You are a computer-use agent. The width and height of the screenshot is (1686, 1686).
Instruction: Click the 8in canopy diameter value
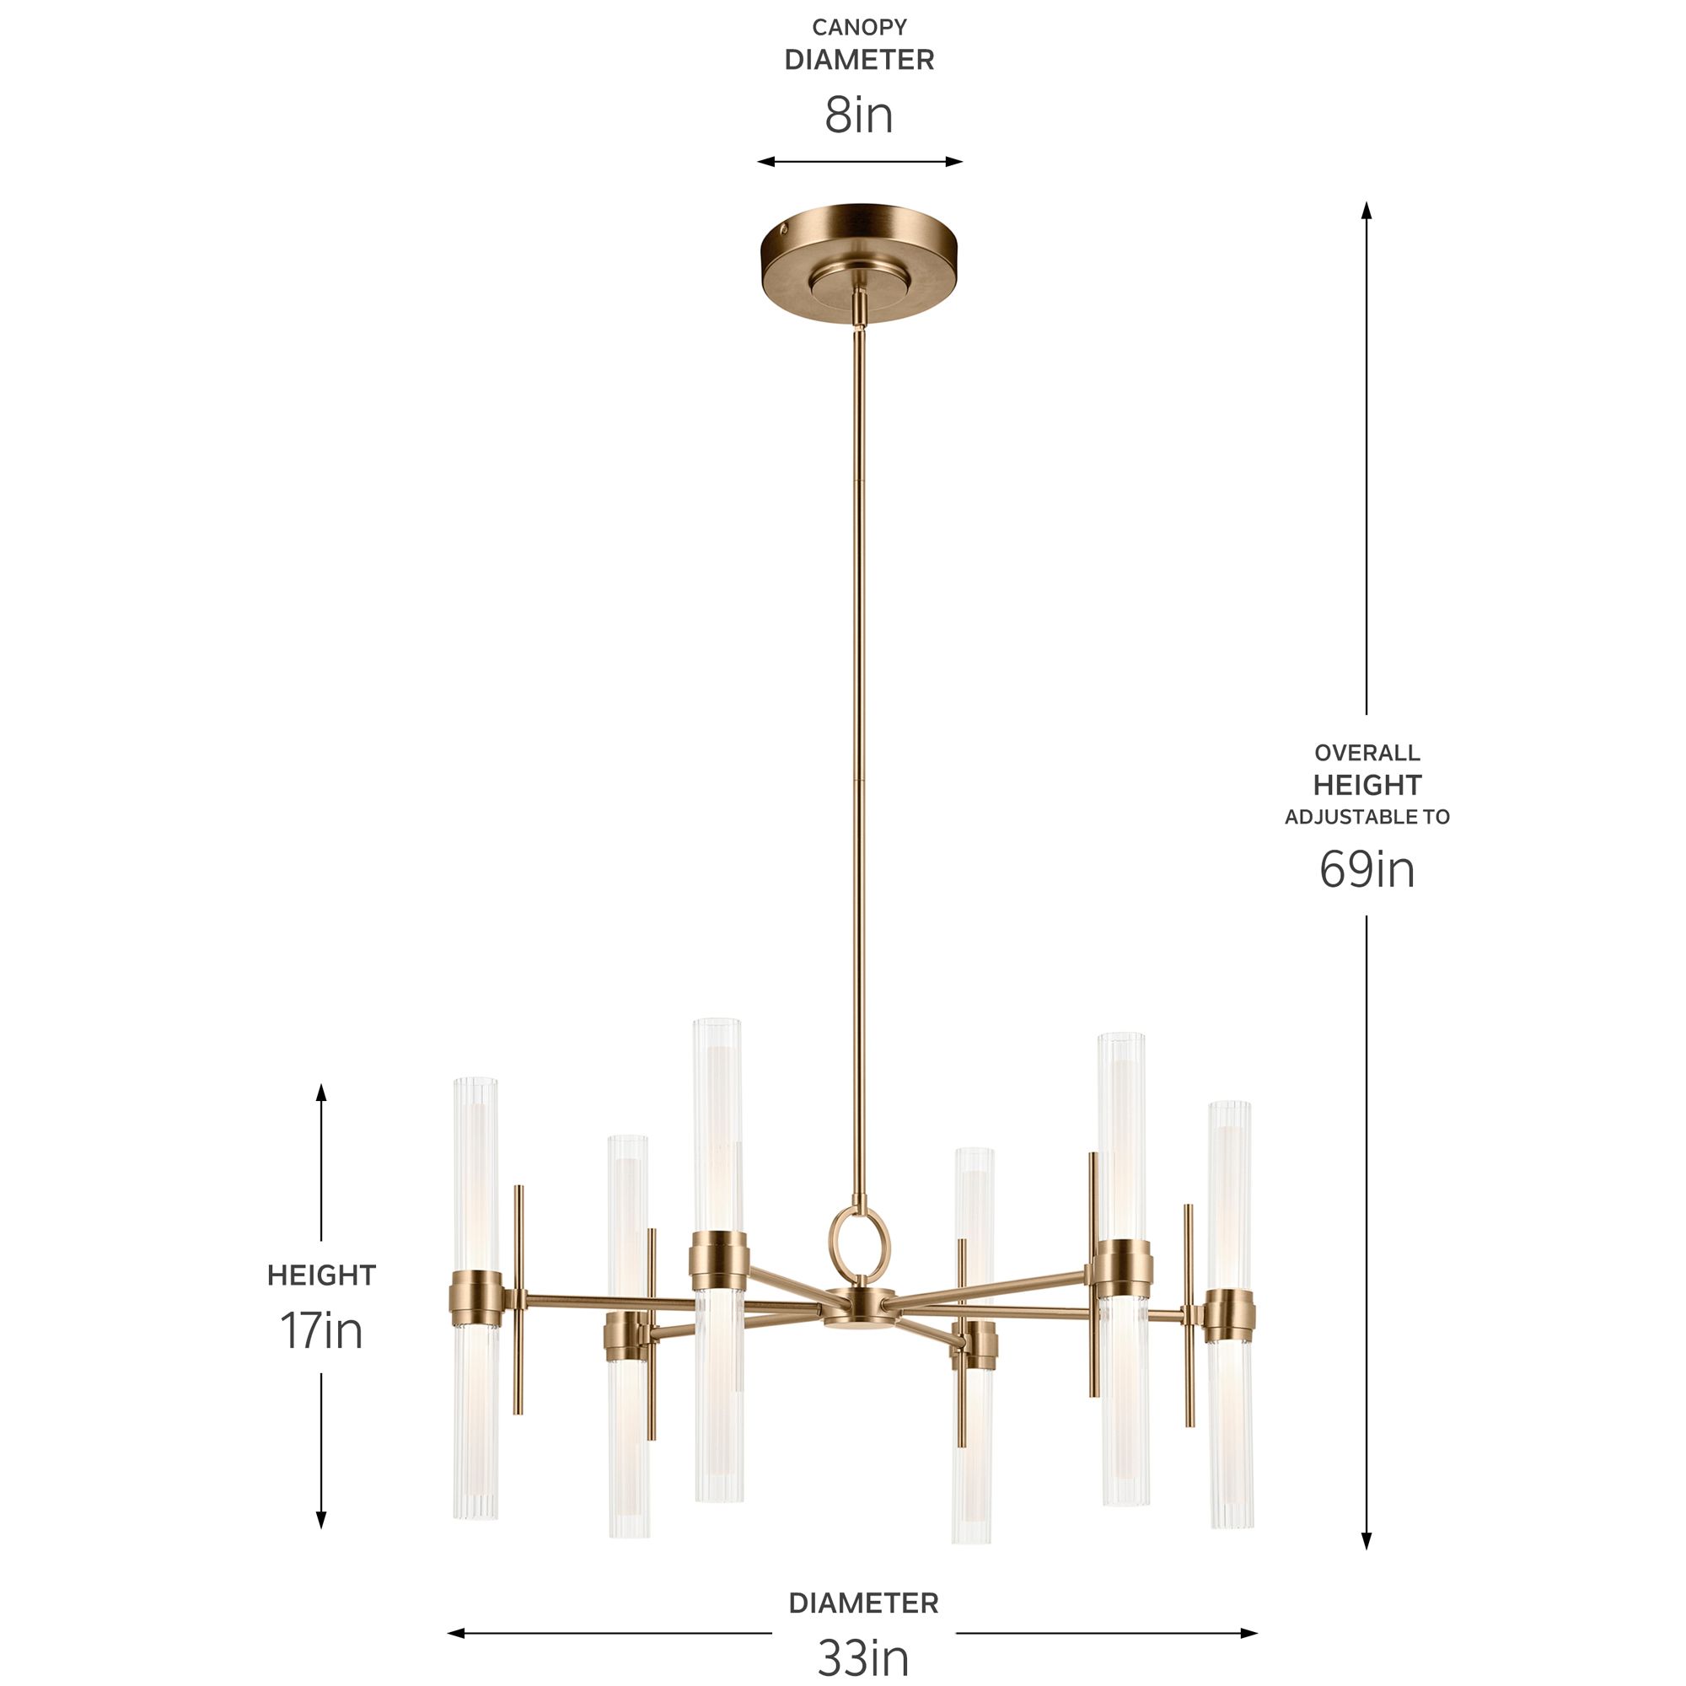859,116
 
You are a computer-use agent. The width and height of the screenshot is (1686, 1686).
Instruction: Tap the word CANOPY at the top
859,28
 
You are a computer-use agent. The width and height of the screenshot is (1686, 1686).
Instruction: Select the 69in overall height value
1367,870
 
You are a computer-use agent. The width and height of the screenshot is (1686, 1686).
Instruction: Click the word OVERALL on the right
1367,752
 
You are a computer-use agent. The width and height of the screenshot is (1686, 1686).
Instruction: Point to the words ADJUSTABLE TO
1367,817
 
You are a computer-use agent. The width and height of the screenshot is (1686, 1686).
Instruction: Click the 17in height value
321,1331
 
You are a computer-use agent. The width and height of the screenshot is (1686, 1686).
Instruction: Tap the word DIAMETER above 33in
863,1603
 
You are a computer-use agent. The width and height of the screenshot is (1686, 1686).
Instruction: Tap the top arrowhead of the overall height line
1367,210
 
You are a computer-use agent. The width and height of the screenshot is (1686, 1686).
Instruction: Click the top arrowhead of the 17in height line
321,1093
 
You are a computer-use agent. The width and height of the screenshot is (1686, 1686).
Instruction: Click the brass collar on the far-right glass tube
1231,1318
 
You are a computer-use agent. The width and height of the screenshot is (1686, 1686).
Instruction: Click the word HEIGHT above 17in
321,1275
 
